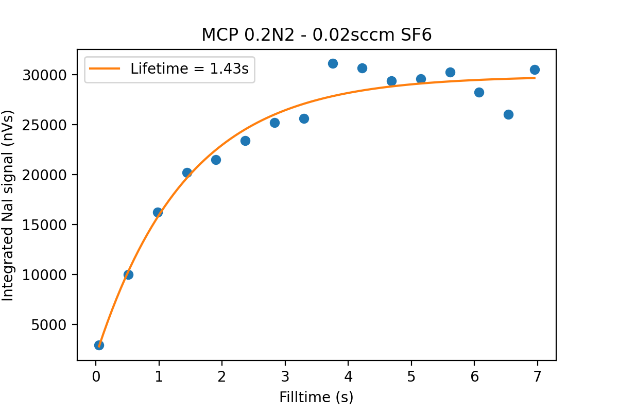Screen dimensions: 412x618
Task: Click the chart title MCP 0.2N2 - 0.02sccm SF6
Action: click(316, 35)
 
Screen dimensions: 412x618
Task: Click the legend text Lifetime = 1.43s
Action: click(189, 69)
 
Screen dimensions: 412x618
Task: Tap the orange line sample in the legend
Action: click(106, 69)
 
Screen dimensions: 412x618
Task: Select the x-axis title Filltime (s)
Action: click(316, 397)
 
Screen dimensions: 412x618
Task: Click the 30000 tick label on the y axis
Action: click(45, 75)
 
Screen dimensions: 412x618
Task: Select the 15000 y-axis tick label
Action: click(45, 225)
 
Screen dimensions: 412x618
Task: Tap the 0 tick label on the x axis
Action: click(96, 376)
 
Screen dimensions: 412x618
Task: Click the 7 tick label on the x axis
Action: click(538, 376)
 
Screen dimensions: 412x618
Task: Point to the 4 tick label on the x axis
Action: click(348, 376)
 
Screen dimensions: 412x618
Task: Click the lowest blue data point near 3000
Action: click(99, 345)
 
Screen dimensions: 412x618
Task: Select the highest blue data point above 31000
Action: click(333, 63)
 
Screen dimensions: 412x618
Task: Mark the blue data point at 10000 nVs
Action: click(128, 274)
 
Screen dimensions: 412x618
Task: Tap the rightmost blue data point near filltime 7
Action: click(535, 70)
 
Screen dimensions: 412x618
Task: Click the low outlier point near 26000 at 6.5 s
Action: click(508, 114)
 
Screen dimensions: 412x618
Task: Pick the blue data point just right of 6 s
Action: click(479, 92)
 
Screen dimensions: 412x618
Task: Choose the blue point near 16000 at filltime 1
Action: click(158, 212)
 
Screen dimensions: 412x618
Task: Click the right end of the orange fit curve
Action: click(535, 78)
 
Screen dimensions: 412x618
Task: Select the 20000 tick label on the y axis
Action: click(45, 175)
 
